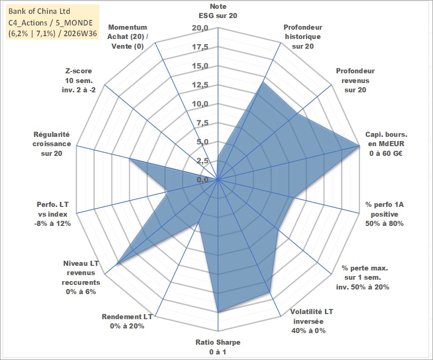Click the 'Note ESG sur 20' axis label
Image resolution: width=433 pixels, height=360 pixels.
tap(218, 11)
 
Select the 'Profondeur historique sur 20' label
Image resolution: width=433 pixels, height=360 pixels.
tap(303, 37)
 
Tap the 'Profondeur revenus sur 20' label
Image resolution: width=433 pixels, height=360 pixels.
tap(355, 80)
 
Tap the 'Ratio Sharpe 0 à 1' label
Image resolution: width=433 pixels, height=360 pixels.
tap(218, 347)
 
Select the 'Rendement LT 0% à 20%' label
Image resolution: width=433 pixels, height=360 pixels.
tap(127, 321)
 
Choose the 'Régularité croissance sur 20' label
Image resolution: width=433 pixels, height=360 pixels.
tap(52, 144)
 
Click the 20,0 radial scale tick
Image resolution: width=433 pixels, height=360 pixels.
tap(200, 28)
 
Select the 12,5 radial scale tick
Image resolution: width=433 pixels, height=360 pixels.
tap(200, 85)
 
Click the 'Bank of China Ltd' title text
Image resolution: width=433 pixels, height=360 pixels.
tap(39, 11)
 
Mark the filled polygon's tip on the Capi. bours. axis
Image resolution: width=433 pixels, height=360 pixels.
tap(359, 146)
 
